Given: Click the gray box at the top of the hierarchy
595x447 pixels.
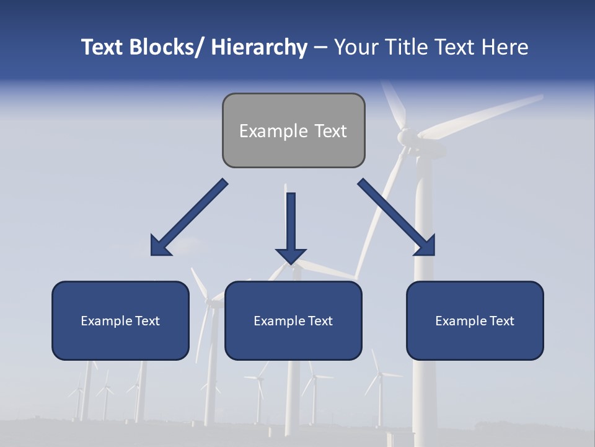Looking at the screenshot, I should (293, 130).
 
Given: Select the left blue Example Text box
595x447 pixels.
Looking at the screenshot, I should (120, 320).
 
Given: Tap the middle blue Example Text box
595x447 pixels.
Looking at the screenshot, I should (293, 320).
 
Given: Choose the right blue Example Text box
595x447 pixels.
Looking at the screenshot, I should (475, 320).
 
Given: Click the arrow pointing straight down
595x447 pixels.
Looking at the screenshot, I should (291, 226).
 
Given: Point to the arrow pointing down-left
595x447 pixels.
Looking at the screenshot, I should (190, 217).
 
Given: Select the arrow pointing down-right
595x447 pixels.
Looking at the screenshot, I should (397, 217).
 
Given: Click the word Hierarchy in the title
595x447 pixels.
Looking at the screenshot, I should (259, 47).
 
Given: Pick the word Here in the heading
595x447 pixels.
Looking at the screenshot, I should (505, 47).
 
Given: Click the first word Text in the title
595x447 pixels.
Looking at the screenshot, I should (103, 47).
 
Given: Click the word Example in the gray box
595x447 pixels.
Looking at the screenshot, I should (273, 131).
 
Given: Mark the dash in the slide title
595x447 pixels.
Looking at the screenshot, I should (320, 48).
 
